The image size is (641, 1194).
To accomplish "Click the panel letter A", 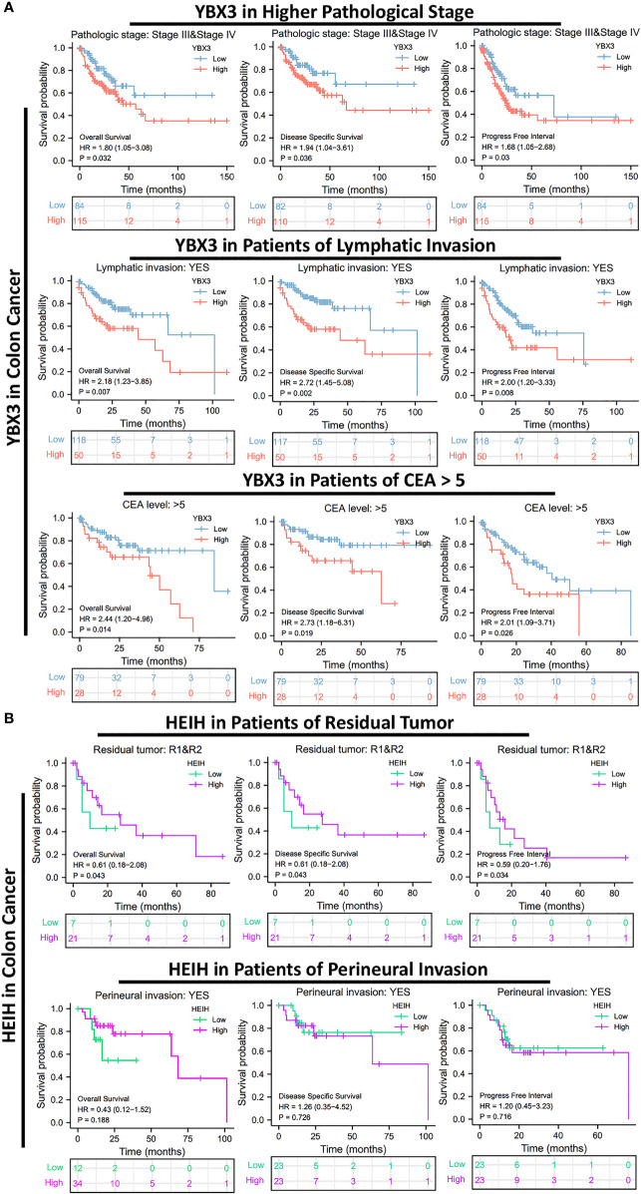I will point(8,10).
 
